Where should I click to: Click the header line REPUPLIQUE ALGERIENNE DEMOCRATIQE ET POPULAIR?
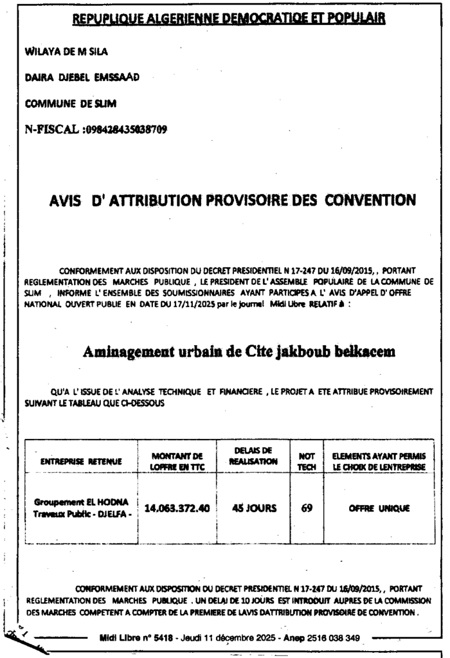click(228, 19)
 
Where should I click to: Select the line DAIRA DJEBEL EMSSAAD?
click(81, 77)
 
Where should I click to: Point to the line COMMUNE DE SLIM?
click(70, 103)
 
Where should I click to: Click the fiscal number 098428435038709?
click(126, 129)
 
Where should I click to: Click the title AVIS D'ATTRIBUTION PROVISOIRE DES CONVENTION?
click(232, 200)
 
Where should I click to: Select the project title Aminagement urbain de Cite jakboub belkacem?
click(239, 351)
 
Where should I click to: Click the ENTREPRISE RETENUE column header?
click(80, 461)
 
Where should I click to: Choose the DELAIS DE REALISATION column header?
click(254, 456)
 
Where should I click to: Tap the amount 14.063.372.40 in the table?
click(177, 508)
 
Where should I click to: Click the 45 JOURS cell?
click(254, 508)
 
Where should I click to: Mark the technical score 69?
click(307, 508)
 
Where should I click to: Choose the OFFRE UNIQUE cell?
click(379, 508)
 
